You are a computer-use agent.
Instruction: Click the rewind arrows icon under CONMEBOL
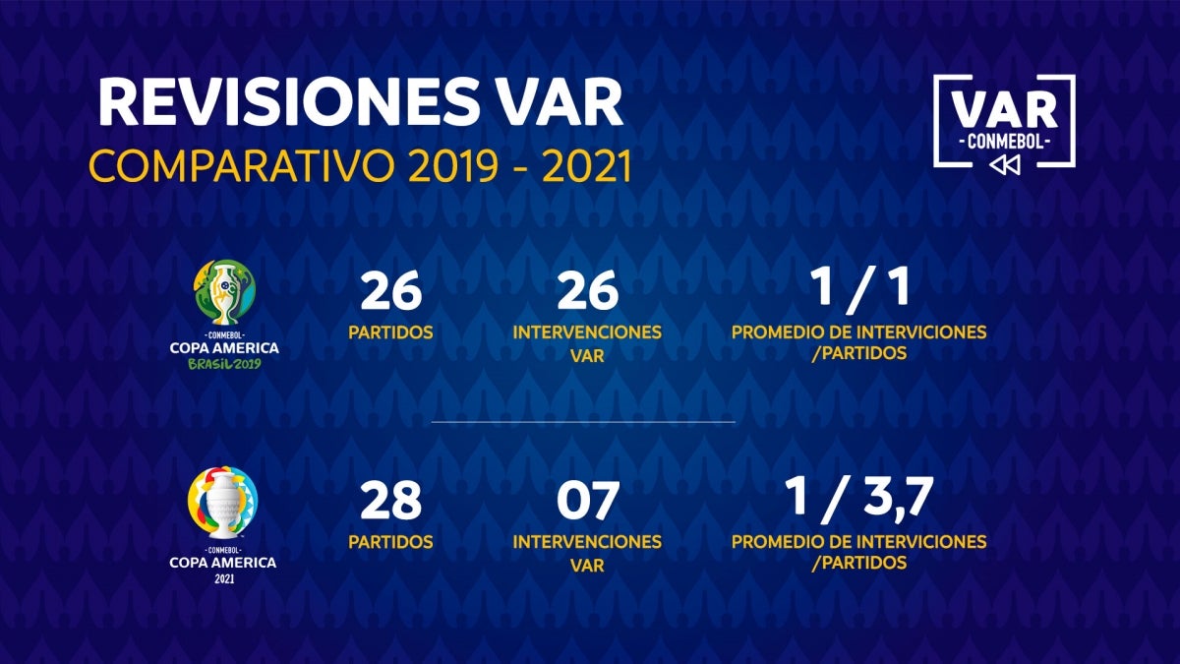pos(1004,165)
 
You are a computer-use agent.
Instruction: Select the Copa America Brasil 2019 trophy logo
pos(223,292)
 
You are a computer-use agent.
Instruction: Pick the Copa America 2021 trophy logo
pos(223,502)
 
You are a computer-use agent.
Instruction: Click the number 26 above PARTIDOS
pos(390,291)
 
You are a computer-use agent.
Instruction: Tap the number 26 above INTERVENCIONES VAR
pos(587,291)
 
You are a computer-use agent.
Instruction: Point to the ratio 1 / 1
pos(858,289)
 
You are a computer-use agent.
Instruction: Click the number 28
pos(390,502)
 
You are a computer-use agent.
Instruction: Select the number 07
pos(587,502)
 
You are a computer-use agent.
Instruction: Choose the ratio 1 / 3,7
pos(858,500)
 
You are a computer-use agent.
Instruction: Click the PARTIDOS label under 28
pos(390,542)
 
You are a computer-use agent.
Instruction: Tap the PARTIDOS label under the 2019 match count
pos(390,332)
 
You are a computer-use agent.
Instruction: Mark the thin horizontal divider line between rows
pos(583,422)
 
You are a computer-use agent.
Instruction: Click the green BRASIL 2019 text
pos(223,364)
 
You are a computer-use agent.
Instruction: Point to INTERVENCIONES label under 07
pos(587,542)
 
